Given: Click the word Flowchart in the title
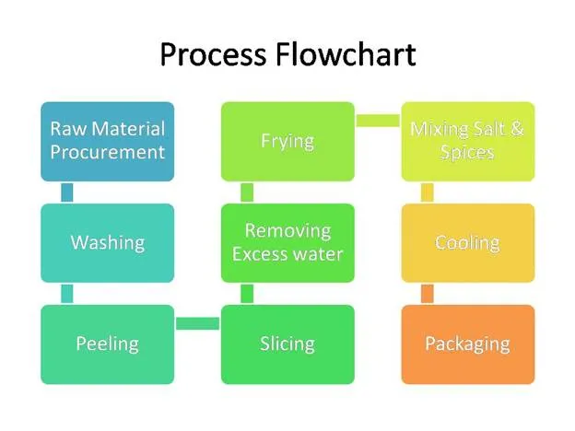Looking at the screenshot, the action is [x=346, y=54].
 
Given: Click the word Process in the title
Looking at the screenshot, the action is [x=213, y=54].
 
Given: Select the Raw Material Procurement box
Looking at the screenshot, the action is [x=108, y=142].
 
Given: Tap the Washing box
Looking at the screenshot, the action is [x=108, y=243].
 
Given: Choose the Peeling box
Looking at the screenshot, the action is [x=108, y=344].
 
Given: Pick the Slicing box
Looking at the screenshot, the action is [x=287, y=344].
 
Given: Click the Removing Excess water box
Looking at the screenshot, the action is [x=287, y=243].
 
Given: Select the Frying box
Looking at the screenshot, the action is [x=287, y=142].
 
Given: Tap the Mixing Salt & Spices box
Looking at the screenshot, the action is [x=468, y=142].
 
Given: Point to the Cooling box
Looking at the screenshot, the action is [x=468, y=243].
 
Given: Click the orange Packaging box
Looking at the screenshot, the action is [x=468, y=344].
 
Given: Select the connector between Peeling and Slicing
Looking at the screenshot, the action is [x=197, y=323].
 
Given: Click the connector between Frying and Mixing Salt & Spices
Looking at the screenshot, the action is [x=378, y=121].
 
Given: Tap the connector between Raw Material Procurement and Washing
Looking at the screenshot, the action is [x=66, y=192].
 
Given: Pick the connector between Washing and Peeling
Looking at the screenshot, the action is [x=66, y=294].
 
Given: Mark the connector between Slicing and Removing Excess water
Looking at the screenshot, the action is [x=247, y=294].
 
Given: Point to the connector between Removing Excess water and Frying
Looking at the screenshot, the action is [x=247, y=192].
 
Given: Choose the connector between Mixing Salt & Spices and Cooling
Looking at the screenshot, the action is [x=428, y=192].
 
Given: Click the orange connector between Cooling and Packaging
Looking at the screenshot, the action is [x=428, y=294].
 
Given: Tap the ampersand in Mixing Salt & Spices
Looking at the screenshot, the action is [x=516, y=129].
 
